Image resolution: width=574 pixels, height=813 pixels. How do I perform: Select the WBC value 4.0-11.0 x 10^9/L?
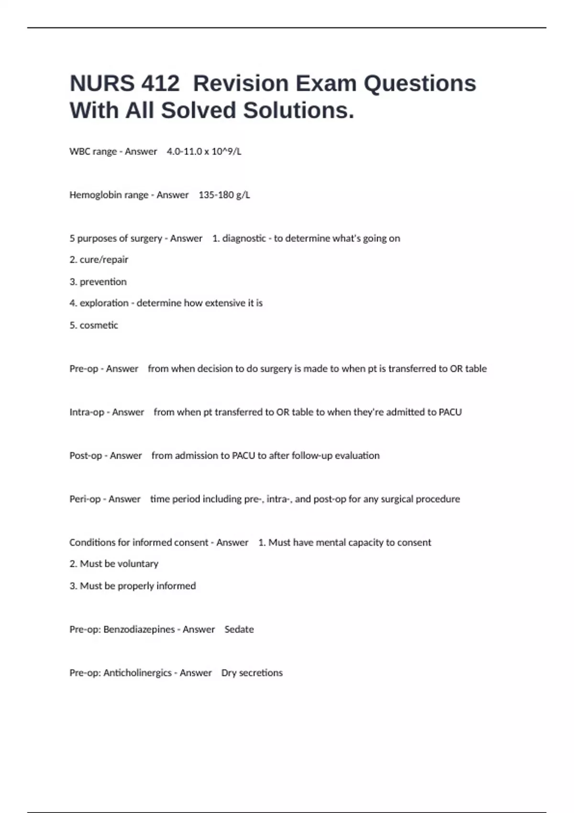pos(204,152)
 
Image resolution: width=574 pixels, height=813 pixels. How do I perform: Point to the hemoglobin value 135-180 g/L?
pos(224,195)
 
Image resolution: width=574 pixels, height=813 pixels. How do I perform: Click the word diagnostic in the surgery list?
pos(244,239)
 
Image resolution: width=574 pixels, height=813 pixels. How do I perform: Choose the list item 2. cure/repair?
pos(99,260)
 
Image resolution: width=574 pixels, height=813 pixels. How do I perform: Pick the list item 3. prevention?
pos(98,282)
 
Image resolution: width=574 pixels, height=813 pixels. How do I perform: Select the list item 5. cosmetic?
pos(94,325)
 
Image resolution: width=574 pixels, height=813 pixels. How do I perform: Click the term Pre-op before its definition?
pos(84,369)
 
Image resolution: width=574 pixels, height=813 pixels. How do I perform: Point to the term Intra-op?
pos(87,412)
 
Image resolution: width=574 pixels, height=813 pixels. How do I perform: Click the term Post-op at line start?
pos(86,456)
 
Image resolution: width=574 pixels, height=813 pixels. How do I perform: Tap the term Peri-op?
pos(85,499)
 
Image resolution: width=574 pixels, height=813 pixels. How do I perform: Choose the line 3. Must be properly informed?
pos(132,586)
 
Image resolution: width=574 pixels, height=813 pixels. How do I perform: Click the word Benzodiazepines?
pos(139,629)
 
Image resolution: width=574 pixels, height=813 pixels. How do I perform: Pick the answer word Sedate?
pos(239,629)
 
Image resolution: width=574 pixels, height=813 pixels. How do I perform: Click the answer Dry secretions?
pos(252,673)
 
